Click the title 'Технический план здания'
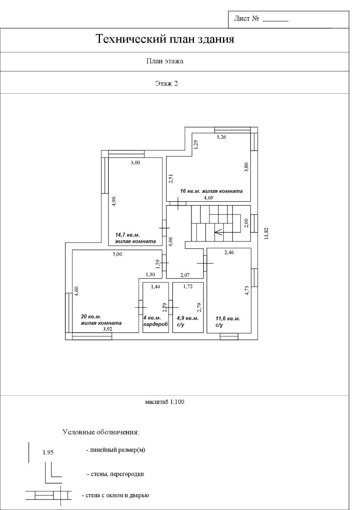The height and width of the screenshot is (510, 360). click(x=165, y=39)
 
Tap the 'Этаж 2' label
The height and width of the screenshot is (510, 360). click(x=166, y=84)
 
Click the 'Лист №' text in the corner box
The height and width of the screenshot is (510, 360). click(x=247, y=18)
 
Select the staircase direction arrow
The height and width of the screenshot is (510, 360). click(x=227, y=232)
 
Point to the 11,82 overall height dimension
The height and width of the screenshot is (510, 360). click(x=266, y=233)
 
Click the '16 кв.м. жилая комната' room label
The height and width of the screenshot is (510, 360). click(x=211, y=191)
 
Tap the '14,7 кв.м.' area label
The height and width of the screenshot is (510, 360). click(x=127, y=235)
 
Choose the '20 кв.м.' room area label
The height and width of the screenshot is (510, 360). click(x=91, y=317)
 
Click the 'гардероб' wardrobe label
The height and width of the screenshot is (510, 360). click(x=156, y=324)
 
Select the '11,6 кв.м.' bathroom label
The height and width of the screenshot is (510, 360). click(x=228, y=318)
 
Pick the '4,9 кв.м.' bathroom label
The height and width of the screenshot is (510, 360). click(x=188, y=318)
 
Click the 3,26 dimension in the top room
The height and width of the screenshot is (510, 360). click(x=221, y=137)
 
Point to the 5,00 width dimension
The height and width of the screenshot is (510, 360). click(x=117, y=254)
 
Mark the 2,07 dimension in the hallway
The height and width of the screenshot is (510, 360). click(x=185, y=275)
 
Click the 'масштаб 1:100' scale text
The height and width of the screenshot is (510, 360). click(x=165, y=402)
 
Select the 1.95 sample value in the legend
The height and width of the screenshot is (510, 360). click(x=48, y=452)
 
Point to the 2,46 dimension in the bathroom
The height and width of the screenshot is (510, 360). click(x=229, y=252)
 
